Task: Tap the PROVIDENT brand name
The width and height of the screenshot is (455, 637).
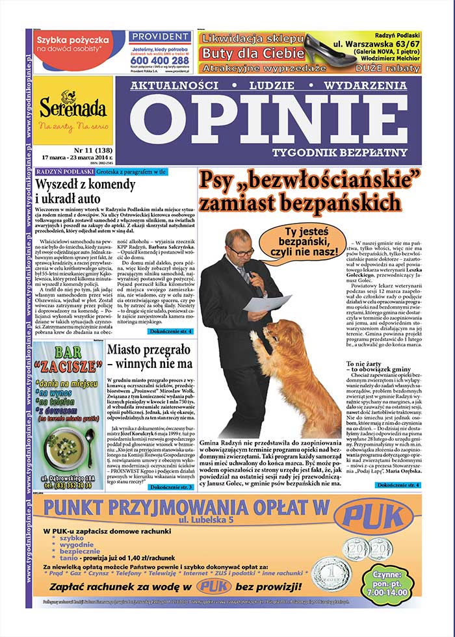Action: point(159,39)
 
